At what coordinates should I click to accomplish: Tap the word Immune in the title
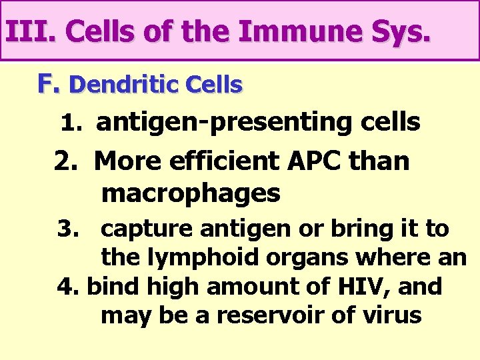click(287, 31)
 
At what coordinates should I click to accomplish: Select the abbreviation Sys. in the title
click(399, 31)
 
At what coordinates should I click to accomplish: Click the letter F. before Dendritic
click(49, 84)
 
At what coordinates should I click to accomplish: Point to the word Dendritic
click(115, 85)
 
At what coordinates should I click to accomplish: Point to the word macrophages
click(191, 193)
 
